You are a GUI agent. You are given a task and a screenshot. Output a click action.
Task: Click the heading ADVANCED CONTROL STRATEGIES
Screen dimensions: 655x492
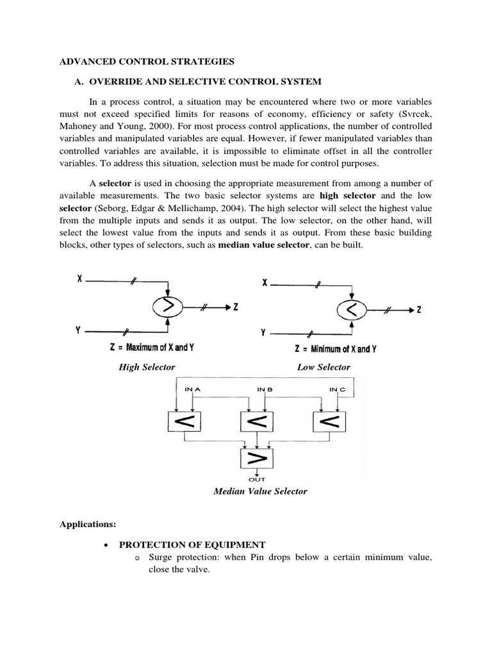tap(147, 61)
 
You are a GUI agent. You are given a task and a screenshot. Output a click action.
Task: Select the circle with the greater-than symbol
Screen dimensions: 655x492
tap(168, 308)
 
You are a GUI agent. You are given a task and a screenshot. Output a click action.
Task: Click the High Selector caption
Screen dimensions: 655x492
tap(147, 367)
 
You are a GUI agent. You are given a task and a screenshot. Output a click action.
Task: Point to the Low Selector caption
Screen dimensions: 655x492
tap(324, 367)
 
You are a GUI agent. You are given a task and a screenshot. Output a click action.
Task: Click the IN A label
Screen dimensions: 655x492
tap(192, 389)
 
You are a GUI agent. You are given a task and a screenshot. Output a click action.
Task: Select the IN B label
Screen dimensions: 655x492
tap(265, 389)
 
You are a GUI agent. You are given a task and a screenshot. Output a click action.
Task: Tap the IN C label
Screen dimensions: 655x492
tap(338, 389)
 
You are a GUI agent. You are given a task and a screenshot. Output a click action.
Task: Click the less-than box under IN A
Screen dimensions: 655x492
tap(184, 421)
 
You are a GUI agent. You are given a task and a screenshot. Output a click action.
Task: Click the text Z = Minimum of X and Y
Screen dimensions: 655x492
tap(336, 349)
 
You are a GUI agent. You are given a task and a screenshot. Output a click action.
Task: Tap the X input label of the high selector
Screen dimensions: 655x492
tap(79, 280)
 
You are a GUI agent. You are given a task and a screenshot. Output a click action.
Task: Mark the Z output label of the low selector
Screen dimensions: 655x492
tap(419, 311)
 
